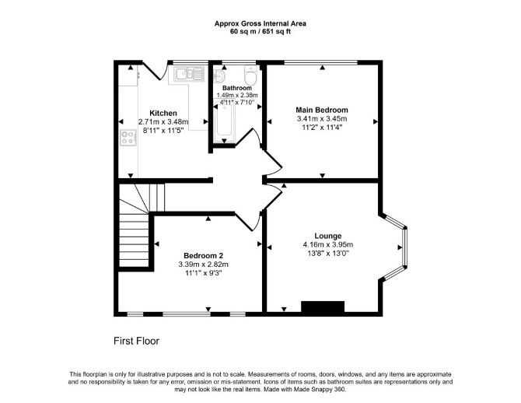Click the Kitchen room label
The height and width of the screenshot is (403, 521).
(x=163, y=113)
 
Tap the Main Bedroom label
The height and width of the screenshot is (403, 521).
(x=322, y=110)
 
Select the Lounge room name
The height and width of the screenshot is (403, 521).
(x=328, y=236)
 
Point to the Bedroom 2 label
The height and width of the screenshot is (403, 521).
(x=204, y=256)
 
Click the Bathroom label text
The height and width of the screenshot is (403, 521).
(x=237, y=88)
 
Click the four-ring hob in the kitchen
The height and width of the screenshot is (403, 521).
(x=128, y=138)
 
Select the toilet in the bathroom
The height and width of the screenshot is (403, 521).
(x=250, y=75)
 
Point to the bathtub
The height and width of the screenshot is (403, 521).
(x=224, y=121)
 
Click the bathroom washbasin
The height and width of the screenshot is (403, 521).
(x=219, y=76)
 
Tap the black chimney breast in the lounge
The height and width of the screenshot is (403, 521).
(x=323, y=307)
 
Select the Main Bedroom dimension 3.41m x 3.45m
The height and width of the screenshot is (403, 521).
(x=322, y=119)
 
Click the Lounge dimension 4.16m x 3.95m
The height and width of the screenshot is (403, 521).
(x=328, y=245)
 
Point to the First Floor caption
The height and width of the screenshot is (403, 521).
(x=137, y=341)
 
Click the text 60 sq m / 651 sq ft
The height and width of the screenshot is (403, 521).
(x=260, y=32)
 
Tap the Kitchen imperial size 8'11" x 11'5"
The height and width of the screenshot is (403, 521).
(x=163, y=131)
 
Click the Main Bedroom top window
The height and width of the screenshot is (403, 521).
(x=321, y=62)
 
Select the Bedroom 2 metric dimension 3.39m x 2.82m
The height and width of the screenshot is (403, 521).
(x=204, y=265)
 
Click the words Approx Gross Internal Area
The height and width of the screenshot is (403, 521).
(x=260, y=23)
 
